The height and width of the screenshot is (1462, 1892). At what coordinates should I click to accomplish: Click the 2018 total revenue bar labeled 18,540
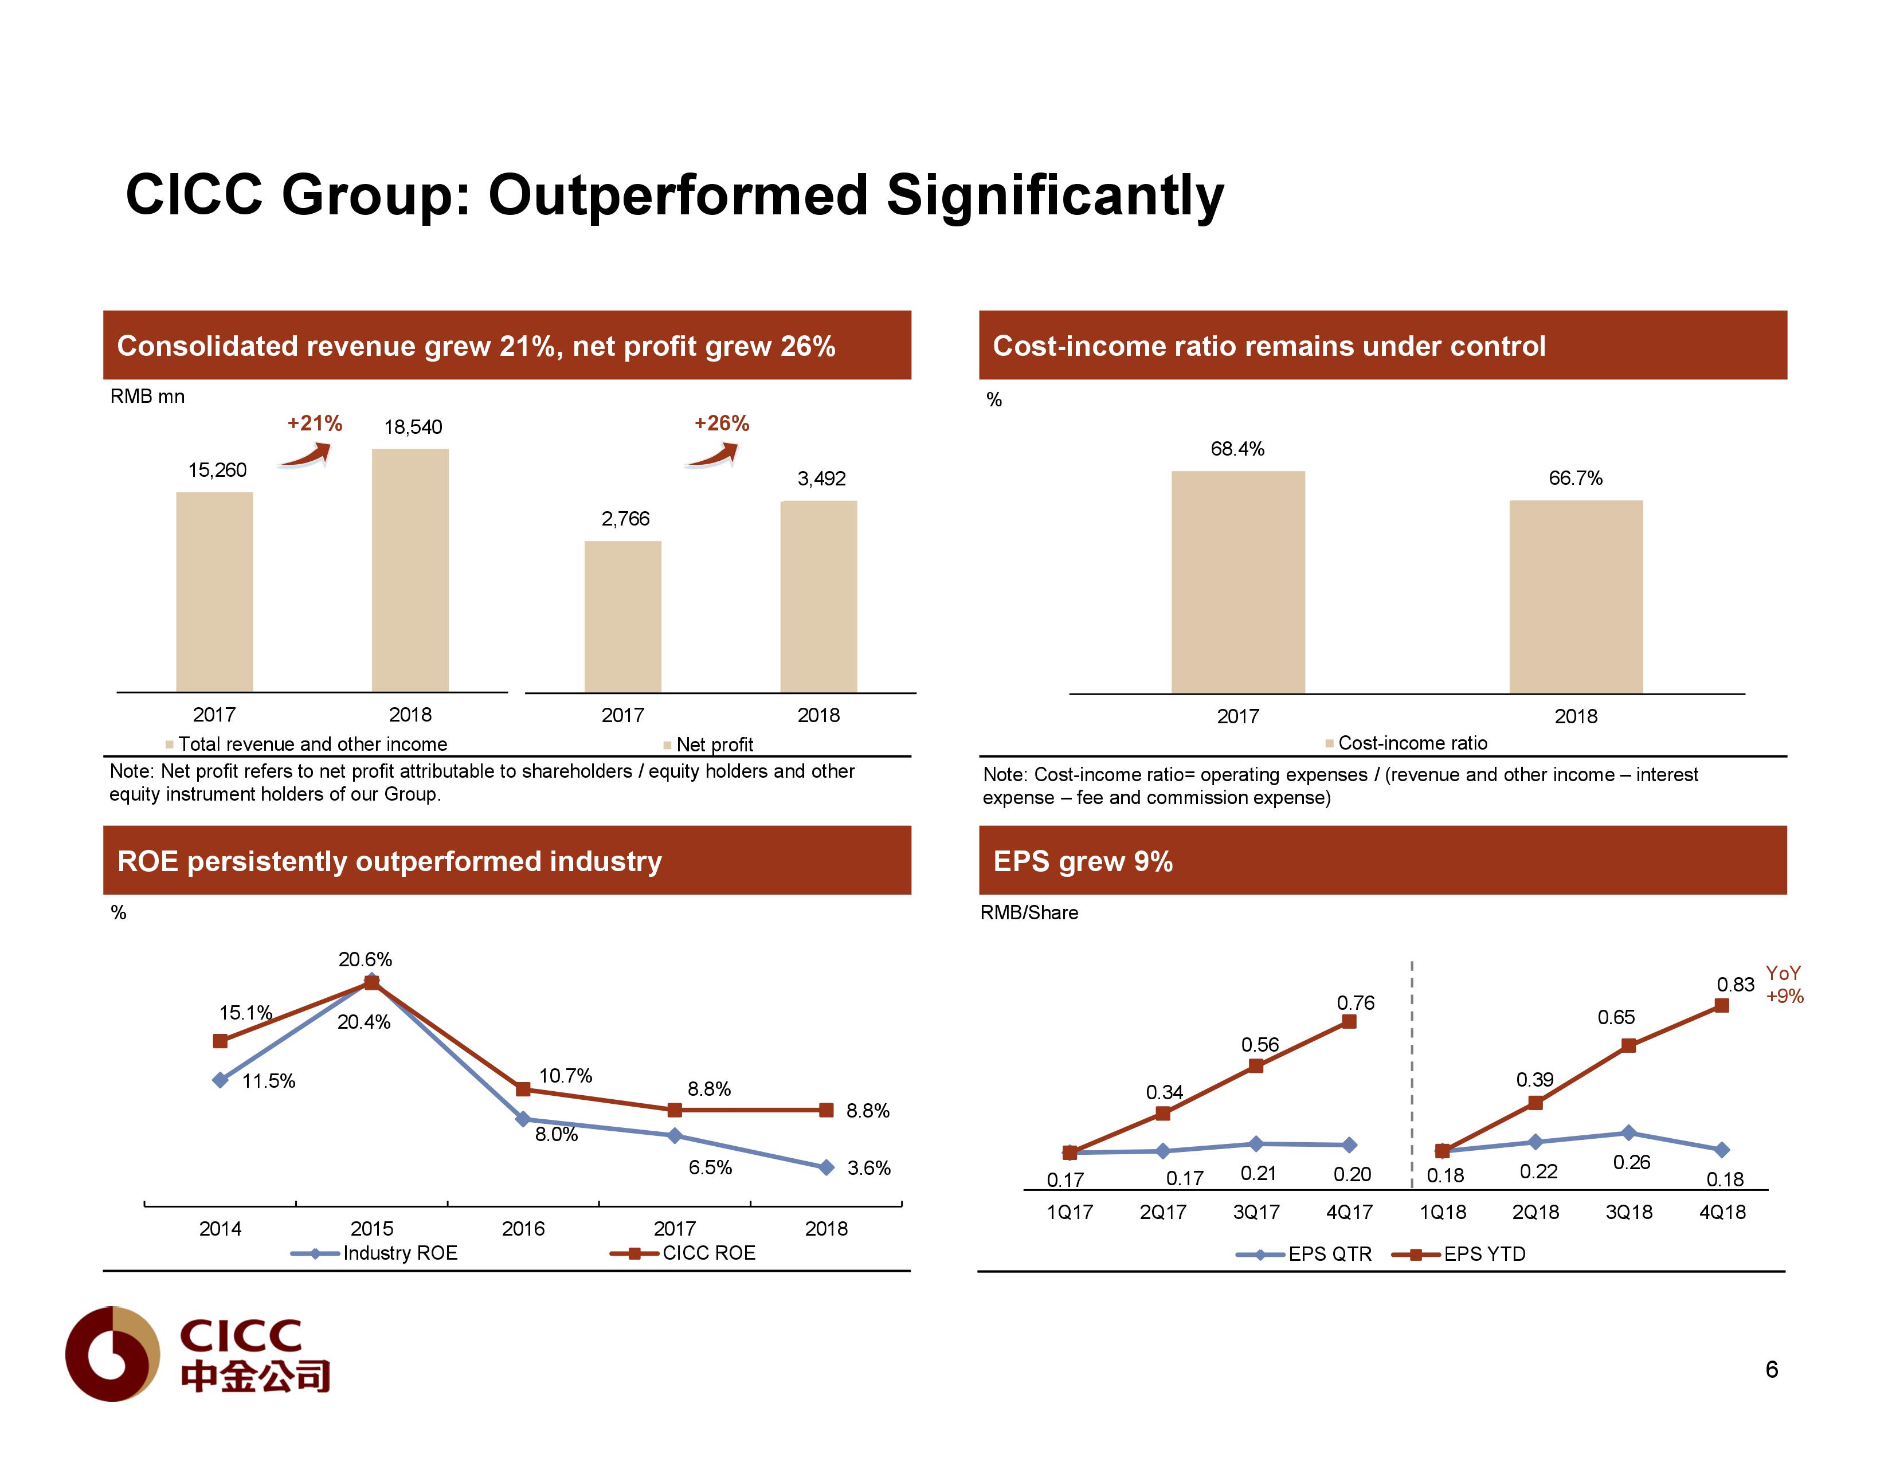tap(410, 569)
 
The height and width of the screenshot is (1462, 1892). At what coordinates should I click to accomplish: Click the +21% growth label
tap(315, 424)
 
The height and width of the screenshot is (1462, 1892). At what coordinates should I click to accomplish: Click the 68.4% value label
tap(1237, 449)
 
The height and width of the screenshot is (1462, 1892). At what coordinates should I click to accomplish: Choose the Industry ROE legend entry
tap(374, 1253)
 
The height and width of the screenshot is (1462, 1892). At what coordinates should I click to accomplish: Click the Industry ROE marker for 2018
tap(826, 1167)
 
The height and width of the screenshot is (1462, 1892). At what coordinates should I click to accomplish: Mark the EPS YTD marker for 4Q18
tap(1721, 1006)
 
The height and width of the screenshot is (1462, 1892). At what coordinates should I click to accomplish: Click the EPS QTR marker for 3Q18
tap(1628, 1133)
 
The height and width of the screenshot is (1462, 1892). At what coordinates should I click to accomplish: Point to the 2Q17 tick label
tap(1162, 1212)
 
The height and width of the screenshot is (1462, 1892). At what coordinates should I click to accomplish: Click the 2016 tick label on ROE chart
tap(523, 1228)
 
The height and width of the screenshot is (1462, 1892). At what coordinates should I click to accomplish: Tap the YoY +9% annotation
tap(1784, 985)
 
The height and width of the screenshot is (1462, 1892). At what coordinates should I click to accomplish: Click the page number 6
tap(1772, 1369)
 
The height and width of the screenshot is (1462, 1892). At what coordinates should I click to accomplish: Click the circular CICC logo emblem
tap(112, 1354)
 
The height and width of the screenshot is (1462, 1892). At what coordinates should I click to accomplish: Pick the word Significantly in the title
tap(1054, 195)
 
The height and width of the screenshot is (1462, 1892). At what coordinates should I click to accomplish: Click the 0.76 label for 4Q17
tap(1355, 1003)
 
